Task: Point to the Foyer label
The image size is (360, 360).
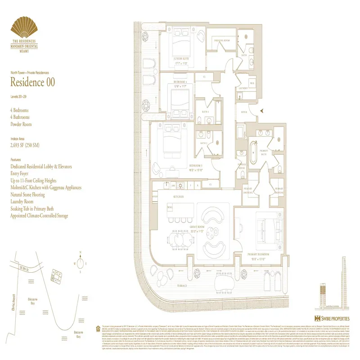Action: pyautogui.click(x=244, y=112)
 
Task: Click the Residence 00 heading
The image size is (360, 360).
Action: pyautogui.click(x=34, y=82)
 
